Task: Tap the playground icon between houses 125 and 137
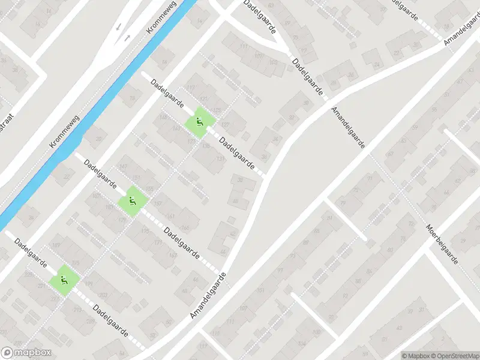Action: tap(198, 122)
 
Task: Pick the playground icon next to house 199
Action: tap(63, 280)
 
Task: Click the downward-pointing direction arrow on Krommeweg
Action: tap(118, 27)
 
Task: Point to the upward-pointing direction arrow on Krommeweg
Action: tap(127, 38)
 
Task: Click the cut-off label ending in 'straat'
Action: tap(9, 121)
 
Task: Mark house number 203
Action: tap(103, 295)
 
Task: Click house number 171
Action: tap(158, 242)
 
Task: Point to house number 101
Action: tap(260, 290)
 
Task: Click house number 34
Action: tap(276, 139)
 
